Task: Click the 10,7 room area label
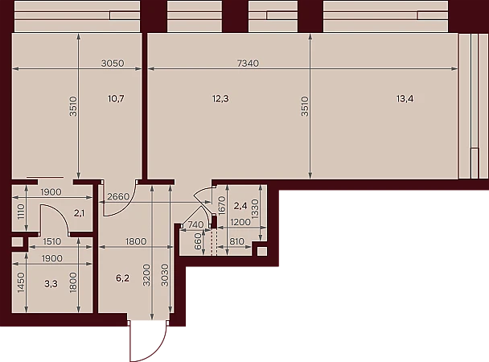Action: pyautogui.click(x=116, y=99)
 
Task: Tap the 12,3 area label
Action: pyautogui.click(x=220, y=99)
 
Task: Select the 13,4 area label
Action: pyautogui.click(x=405, y=99)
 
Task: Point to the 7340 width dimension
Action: pyautogui.click(x=248, y=64)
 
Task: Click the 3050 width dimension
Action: pyautogui.click(x=113, y=64)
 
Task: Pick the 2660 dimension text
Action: pyautogui.click(x=118, y=197)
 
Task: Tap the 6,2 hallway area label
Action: pyautogui.click(x=122, y=278)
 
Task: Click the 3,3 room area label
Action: pyautogui.click(x=51, y=284)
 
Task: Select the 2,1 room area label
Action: pyautogui.click(x=79, y=213)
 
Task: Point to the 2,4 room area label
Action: pyautogui.click(x=240, y=206)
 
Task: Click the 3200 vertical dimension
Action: pyautogui.click(x=146, y=275)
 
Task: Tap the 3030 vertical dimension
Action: pyautogui.click(x=165, y=275)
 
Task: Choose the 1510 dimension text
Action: pyautogui.click(x=52, y=241)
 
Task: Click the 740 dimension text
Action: pyautogui.click(x=196, y=224)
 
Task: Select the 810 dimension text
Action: pyautogui.click(x=236, y=241)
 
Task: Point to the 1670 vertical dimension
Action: pyautogui.click(x=222, y=205)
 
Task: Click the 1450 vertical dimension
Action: pyautogui.click(x=21, y=282)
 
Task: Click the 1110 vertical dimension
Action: pyautogui.click(x=21, y=212)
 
